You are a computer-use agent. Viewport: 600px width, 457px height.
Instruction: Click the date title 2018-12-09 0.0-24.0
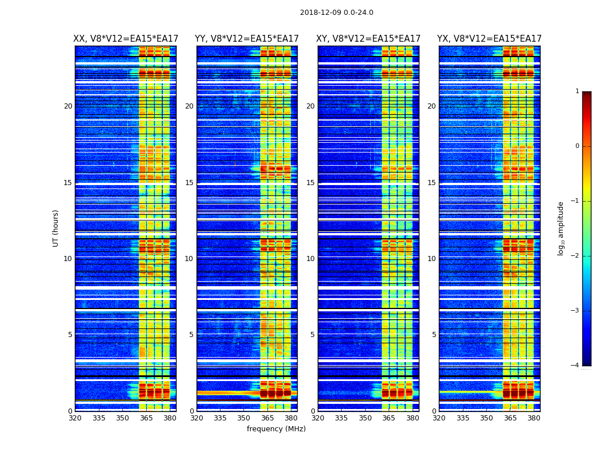337,13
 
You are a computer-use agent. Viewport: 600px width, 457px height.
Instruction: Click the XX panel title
126,39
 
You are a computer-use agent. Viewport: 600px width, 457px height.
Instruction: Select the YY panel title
247,39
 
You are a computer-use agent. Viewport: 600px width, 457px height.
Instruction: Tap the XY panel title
369,39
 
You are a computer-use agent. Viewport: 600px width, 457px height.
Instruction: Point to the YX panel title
489,39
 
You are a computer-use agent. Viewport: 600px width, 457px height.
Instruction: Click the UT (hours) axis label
56,228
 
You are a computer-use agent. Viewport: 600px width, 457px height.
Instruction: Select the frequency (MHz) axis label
276,429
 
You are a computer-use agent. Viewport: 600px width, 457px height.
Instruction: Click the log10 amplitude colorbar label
561,228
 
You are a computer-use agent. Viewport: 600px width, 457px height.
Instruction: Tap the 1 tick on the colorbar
577,91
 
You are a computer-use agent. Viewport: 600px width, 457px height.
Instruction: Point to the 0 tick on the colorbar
577,146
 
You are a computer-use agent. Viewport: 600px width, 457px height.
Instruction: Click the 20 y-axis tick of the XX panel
68,106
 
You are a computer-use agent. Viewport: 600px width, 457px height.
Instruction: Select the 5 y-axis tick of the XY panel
311,335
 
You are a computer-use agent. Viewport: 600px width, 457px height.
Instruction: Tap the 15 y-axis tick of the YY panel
189,183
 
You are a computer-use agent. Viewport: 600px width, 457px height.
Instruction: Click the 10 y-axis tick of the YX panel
431,259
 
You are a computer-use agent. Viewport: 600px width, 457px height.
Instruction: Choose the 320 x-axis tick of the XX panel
75,418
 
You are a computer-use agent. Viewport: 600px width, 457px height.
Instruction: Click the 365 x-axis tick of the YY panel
267,418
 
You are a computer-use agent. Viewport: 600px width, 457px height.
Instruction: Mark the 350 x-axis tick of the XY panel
365,418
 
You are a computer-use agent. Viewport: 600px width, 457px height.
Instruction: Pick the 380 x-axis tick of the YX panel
534,418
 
